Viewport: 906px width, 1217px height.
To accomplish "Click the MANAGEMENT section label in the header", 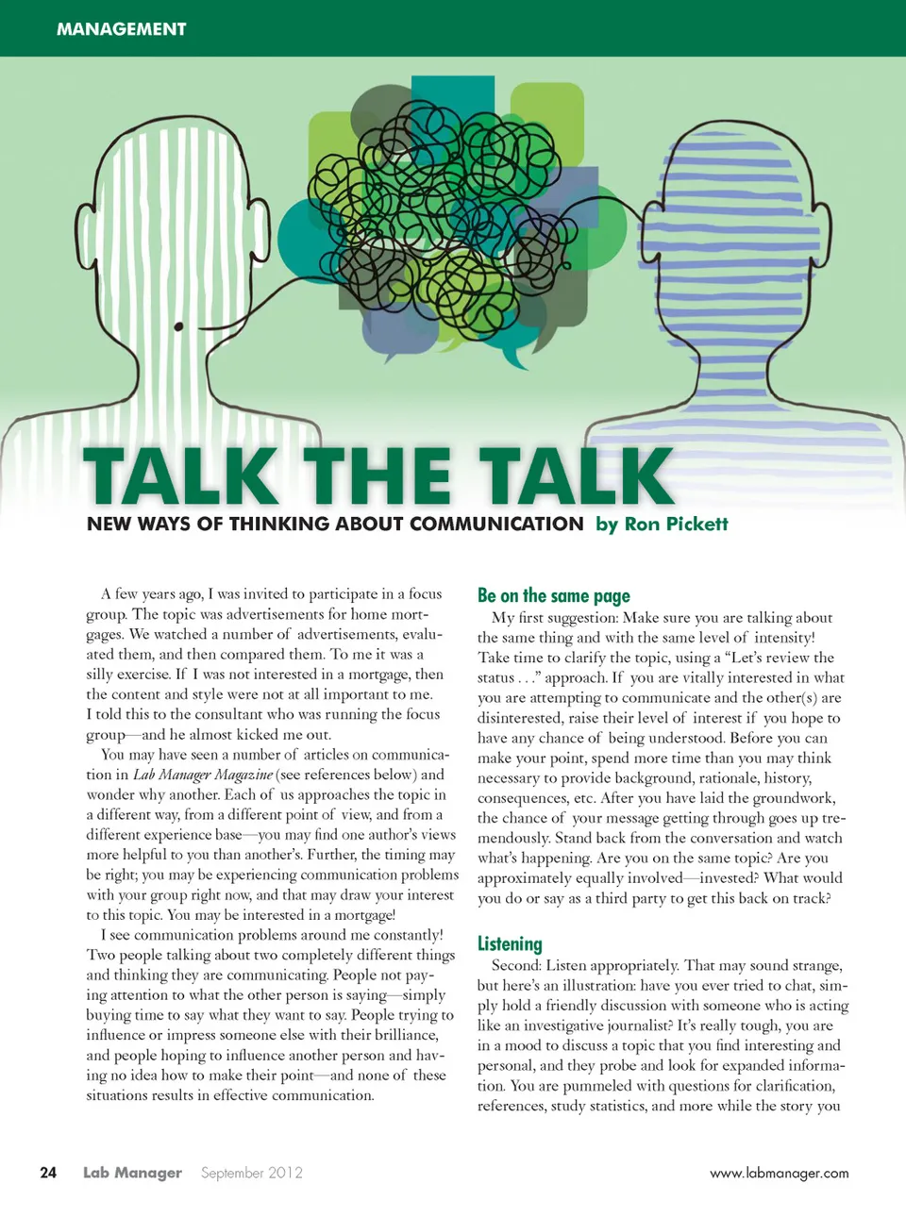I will click(x=121, y=29).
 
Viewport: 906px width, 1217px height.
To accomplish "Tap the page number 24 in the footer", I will click(x=48, y=1173).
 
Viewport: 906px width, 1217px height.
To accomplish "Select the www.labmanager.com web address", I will click(x=779, y=1174).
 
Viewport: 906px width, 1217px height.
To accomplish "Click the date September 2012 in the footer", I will click(x=251, y=1173).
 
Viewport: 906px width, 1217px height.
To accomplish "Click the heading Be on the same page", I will click(x=553, y=595).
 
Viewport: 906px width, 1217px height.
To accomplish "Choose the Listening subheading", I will click(x=510, y=943).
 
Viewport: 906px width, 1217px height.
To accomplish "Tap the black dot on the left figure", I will click(x=178, y=327).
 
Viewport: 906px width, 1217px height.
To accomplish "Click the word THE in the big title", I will click(x=377, y=477).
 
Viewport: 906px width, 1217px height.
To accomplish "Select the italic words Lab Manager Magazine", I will click(x=203, y=775).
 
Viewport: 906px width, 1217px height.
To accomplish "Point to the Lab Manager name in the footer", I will click(x=132, y=1173).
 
